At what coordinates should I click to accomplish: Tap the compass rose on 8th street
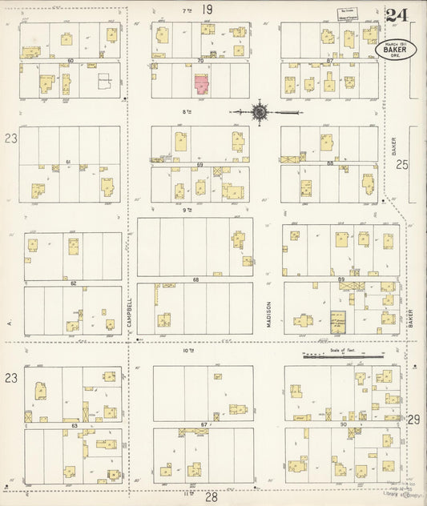coord(260,112)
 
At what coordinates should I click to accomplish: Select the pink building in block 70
coord(200,82)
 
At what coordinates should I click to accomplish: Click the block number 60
coord(70,60)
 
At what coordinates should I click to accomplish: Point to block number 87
coord(330,60)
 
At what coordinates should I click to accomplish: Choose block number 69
coord(199,163)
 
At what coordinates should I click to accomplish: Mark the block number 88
coord(330,163)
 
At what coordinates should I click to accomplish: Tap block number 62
coord(73,283)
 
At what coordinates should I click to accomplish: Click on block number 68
coord(195,279)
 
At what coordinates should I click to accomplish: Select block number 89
coord(341,279)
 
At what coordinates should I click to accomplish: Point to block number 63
coord(74,427)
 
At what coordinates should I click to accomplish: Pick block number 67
coord(203,424)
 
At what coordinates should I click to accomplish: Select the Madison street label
coord(269,315)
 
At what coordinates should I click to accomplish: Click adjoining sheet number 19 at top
coord(207,10)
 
